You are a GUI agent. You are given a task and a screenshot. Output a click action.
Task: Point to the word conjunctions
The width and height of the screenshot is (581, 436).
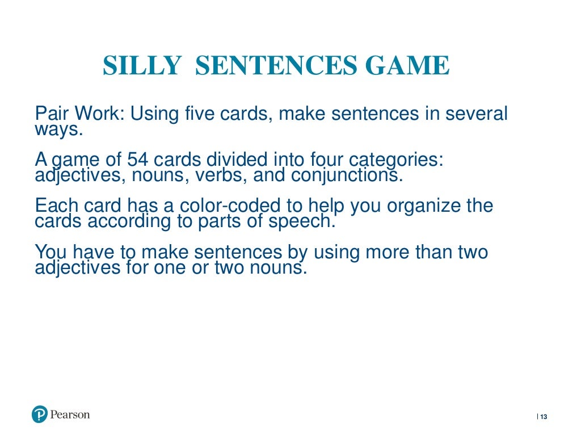(x=347, y=175)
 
